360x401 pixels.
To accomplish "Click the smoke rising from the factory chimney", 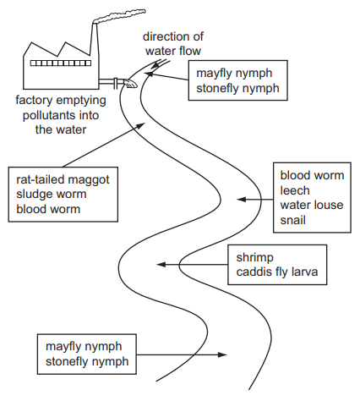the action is coord(120,16).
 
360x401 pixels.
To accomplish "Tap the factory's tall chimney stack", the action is coord(95,39).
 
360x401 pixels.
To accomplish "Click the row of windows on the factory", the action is coord(61,63).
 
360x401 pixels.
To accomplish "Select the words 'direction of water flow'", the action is coord(173,44).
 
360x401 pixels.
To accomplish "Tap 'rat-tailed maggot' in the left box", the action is coord(63,179).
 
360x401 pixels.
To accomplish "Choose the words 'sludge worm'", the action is coord(52,194).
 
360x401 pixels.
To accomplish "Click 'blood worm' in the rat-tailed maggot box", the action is coord(48,209).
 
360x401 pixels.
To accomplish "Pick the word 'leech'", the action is coord(295,190).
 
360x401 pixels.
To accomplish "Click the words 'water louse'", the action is coord(312,205).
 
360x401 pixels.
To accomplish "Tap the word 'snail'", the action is coord(292,220).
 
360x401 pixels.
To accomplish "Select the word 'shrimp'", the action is coord(255,258).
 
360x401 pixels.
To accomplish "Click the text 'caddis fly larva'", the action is coord(277,272).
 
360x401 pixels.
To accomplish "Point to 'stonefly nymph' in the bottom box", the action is coord(87,361).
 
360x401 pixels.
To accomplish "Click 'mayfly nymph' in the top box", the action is coord(234,74).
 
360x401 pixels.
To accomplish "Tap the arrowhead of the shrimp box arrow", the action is coord(161,265).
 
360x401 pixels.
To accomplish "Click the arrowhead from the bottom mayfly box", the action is coord(223,354).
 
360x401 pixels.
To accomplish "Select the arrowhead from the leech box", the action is coord(242,200).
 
